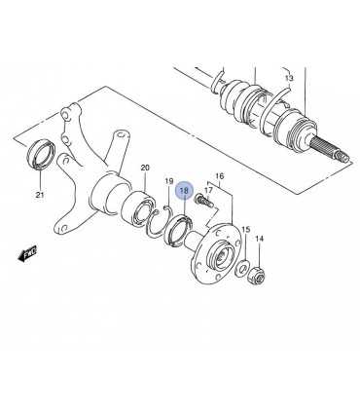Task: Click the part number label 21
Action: pos(40,195)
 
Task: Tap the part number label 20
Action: pos(145,168)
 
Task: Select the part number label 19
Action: pos(169,181)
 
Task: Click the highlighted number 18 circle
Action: pos(184,191)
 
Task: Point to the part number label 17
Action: pos(208,190)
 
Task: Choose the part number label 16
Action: pos(220,176)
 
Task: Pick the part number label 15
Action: pos(246,230)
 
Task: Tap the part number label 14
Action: pos(260,239)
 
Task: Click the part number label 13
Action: pos(289,78)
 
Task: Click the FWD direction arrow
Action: pos(27,253)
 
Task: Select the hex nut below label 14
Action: pos(256,276)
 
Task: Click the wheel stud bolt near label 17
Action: pos(203,201)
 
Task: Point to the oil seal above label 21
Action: pos(41,154)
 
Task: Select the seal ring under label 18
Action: pos(178,231)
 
